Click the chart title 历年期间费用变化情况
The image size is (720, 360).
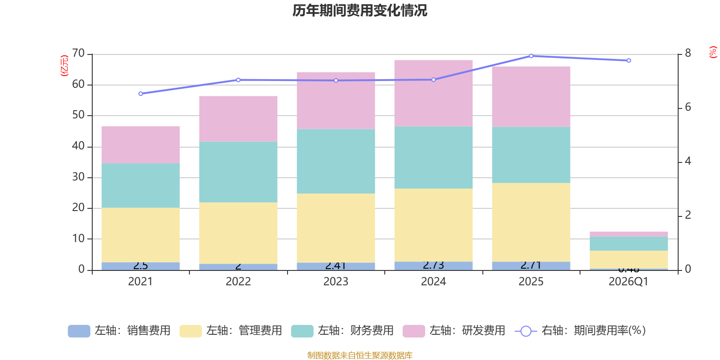(x=360, y=10)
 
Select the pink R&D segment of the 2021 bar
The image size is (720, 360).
(x=140, y=144)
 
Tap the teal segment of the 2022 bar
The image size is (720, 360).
(x=238, y=172)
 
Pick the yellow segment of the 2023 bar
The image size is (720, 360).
(x=336, y=228)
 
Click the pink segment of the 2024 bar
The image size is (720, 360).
(x=433, y=93)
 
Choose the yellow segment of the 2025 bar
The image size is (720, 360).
(x=531, y=222)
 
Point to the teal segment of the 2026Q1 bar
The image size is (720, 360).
(x=629, y=243)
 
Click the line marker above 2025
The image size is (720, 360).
(x=531, y=56)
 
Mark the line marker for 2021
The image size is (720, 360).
(x=140, y=94)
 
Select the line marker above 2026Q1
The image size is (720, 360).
(x=629, y=60)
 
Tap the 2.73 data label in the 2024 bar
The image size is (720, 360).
(x=433, y=265)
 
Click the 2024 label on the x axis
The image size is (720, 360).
(x=433, y=282)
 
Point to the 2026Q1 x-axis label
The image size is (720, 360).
(x=629, y=282)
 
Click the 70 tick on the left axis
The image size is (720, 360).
(x=78, y=54)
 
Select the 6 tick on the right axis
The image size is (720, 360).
(x=688, y=108)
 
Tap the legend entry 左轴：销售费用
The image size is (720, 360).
(x=120, y=331)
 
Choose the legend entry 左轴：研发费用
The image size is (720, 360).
(x=454, y=331)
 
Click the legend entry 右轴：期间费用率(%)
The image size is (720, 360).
(x=580, y=331)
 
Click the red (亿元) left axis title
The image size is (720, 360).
(x=64, y=66)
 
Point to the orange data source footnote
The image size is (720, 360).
(x=360, y=355)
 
